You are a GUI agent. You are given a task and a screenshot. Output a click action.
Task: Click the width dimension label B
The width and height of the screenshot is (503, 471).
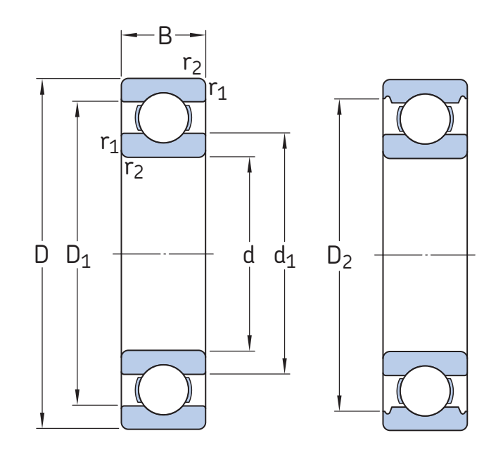(x=164, y=36)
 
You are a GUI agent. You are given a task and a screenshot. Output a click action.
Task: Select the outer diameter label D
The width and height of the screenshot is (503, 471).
(x=42, y=254)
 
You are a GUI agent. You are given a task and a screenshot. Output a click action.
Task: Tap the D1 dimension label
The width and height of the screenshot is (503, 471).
(x=78, y=256)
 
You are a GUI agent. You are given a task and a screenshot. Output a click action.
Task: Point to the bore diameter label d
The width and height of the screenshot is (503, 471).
(x=248, y=255)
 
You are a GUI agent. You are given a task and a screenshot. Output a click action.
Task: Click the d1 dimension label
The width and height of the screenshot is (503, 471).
(x=284, y=257)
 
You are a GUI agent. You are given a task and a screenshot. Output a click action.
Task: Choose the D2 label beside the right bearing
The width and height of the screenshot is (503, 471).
(x=340, y=257)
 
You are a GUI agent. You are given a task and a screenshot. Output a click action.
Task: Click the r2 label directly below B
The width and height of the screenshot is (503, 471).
(x=192, y=65)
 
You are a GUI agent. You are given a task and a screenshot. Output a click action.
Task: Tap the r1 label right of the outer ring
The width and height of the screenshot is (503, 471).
(x=218, y=89)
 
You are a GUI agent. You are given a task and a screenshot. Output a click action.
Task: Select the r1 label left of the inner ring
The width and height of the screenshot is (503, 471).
(x=109, y=143)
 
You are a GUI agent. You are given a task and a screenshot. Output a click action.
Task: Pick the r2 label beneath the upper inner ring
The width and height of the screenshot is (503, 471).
(x=134, y=168)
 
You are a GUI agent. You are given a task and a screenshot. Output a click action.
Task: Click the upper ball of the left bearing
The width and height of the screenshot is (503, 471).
(x=163, y=117)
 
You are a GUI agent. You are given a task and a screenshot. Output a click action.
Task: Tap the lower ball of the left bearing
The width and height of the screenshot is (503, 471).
(x=163, y=389)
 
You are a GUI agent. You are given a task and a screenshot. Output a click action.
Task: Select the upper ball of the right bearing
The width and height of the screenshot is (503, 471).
(x=425, y=117)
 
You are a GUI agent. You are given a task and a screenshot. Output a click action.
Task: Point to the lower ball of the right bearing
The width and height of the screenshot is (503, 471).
(x=425, y=389)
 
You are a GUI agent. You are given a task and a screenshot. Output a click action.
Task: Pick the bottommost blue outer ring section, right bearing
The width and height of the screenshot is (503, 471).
(x=425, y=420)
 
